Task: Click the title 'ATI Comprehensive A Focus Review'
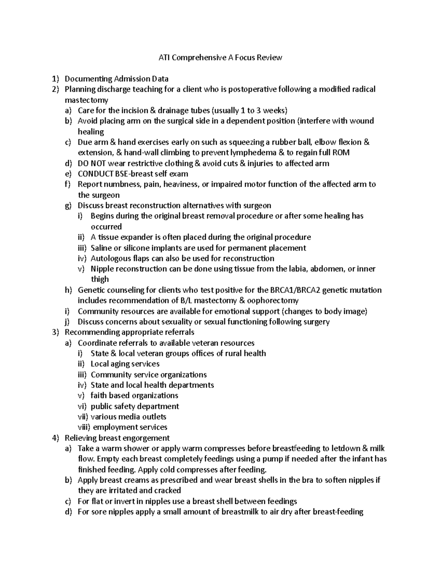(x=220, y=57)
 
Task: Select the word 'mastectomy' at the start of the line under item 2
(x=86, y=100)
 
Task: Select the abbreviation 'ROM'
(x=342, y=153)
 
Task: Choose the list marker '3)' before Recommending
(x=55, y=332)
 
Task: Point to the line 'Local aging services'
(x=125, y=364)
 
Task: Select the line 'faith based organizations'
(x=134, y=396)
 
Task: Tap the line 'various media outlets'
(x=128, y=417)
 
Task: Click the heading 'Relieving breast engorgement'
(x=117, y=438)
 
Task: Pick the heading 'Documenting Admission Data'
(x=116, y=79)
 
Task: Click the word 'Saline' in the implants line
(x=102, y=248)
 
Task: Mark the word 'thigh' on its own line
(x=100, y=279)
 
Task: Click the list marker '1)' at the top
(x=55, y=79)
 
